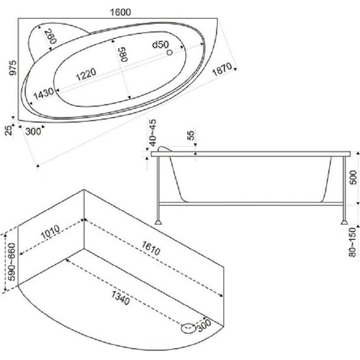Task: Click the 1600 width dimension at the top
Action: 121,12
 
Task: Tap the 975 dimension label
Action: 13,68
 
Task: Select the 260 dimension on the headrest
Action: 50,37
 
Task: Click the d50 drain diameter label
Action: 160,45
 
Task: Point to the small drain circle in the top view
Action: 169,52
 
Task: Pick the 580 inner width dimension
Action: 123,54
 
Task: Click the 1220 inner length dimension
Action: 86,75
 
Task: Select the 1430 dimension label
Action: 44,93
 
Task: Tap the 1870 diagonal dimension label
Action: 222,69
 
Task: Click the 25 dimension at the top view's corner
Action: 9,130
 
